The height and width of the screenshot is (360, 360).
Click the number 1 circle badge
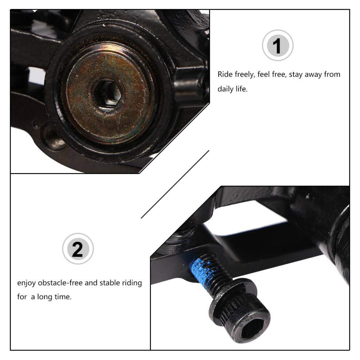(277, 45)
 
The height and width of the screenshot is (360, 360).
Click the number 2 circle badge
(78, 249)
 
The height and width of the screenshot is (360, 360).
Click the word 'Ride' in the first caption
(225, 75)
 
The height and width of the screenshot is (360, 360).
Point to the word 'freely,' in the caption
(245, 75)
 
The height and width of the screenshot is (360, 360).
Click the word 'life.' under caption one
(241, 89)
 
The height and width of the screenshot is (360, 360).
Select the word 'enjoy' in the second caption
(27, 283)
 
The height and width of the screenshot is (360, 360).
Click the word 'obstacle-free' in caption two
(60, 283)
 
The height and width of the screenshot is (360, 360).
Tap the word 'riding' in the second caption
(132, 283)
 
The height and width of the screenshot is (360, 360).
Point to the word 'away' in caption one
(313, 75)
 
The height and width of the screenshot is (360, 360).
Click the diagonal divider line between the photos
(175, 184)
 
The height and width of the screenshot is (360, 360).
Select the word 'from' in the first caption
(332, 75)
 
